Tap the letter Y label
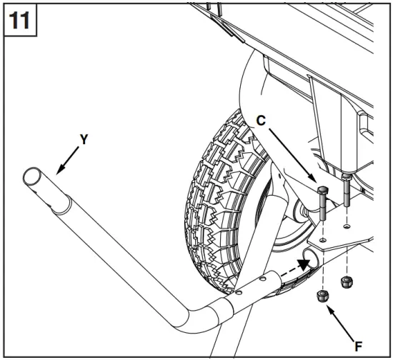point(84,140)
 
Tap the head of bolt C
point(321,190)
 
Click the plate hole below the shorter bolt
point(347,227)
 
